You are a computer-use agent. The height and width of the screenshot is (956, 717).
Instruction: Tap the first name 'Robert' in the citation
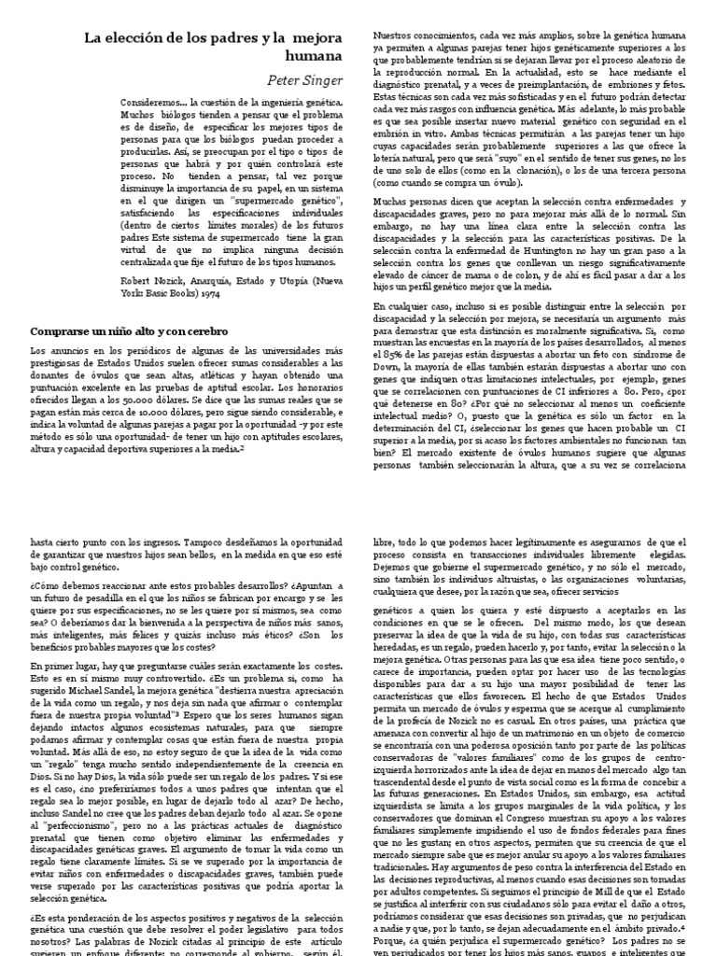137,278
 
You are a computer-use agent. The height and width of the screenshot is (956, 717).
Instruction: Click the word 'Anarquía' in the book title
204,278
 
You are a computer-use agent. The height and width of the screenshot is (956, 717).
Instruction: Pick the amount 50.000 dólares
134,423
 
